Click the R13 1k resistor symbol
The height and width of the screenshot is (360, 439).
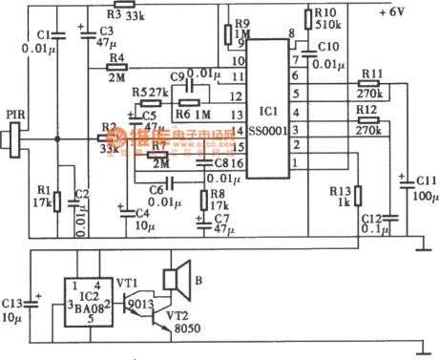click(x=359, y=196)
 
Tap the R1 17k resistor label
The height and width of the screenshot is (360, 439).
click(x=38, y=196)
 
